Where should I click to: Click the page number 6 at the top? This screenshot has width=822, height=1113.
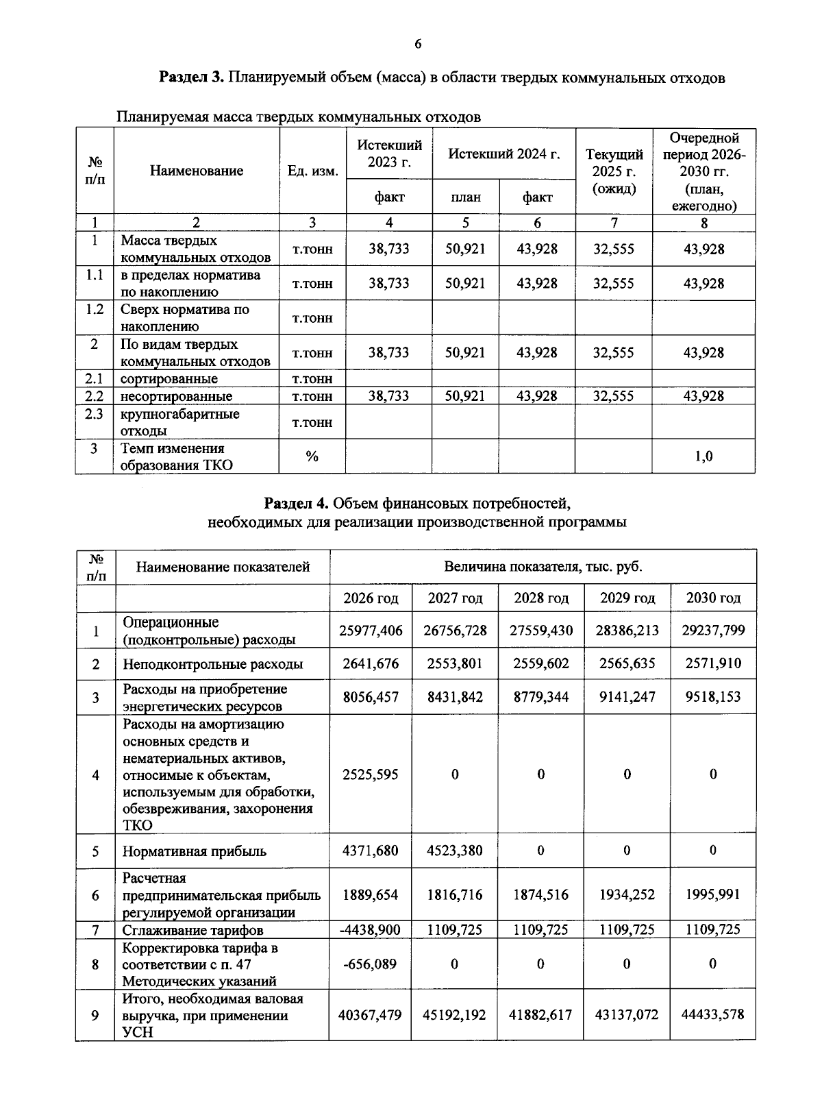tap(418, 45)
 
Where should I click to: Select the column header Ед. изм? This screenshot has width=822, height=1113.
tap(312, 171)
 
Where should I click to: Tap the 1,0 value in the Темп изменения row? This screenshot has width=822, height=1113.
tap(703, 456)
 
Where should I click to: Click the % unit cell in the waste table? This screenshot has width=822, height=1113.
tap(312, 456)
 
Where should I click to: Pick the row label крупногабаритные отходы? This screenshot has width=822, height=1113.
tap(179, 422)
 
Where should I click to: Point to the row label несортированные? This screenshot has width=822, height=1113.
tap(176, 396)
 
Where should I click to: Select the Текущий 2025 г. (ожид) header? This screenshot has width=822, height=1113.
tap(614, 171)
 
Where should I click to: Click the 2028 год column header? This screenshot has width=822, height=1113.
tap(541, 598)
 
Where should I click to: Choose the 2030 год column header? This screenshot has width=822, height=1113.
tap(713, 598)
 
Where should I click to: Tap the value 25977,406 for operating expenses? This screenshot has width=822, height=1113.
tap(371, 631)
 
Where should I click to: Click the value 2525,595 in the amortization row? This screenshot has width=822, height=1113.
tap(371, 774)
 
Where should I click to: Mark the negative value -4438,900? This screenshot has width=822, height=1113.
tap(370, 930)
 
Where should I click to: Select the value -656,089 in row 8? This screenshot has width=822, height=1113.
tap(370, 964)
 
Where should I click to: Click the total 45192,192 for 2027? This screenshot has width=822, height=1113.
tap(455, 1015)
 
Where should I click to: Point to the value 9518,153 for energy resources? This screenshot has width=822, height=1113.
tap(713, 697)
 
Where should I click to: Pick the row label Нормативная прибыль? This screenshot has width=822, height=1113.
tap(194, 851)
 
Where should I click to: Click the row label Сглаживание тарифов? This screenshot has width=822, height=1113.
tap(192, 930)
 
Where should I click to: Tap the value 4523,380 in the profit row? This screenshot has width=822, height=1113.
tap(455, 851)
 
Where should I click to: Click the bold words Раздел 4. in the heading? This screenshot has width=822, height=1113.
tap(297, 504)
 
